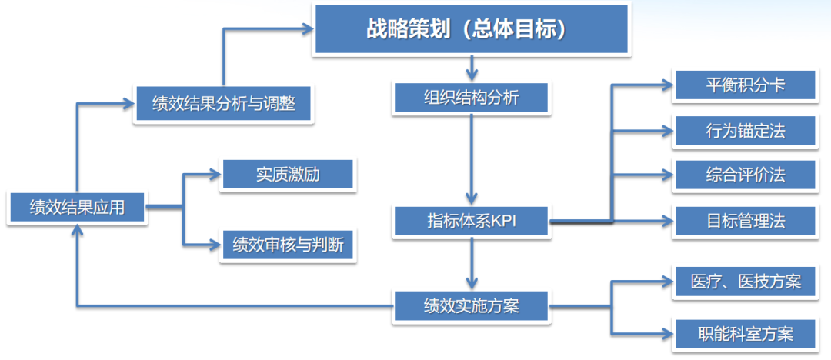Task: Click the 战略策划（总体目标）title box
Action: [471, 29]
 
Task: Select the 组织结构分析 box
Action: [472, 98]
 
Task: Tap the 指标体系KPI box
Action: [472, 222]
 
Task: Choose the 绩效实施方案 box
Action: [472, 305]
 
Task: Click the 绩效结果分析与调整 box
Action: [223, 103]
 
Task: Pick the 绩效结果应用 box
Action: [76, 206]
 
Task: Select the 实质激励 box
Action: [288, 175]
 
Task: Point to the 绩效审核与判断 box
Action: [288, 245]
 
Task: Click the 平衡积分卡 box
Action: [745, 85]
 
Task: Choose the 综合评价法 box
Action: [745, 175]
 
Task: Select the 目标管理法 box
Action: [745, 222]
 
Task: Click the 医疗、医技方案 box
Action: [745, 282]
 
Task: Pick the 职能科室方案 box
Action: [745, 334]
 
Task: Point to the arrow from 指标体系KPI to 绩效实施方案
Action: [472, 262]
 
